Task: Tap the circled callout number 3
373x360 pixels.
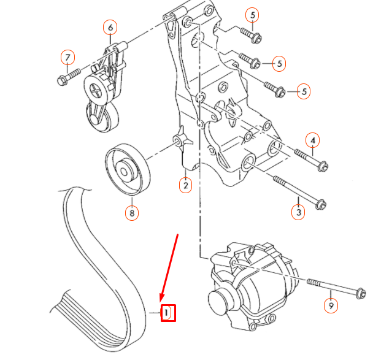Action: [298, 212]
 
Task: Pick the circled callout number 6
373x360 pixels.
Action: [110, 28]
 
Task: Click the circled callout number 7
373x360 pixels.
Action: [67, 58]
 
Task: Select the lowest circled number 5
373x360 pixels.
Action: [303, 92]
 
